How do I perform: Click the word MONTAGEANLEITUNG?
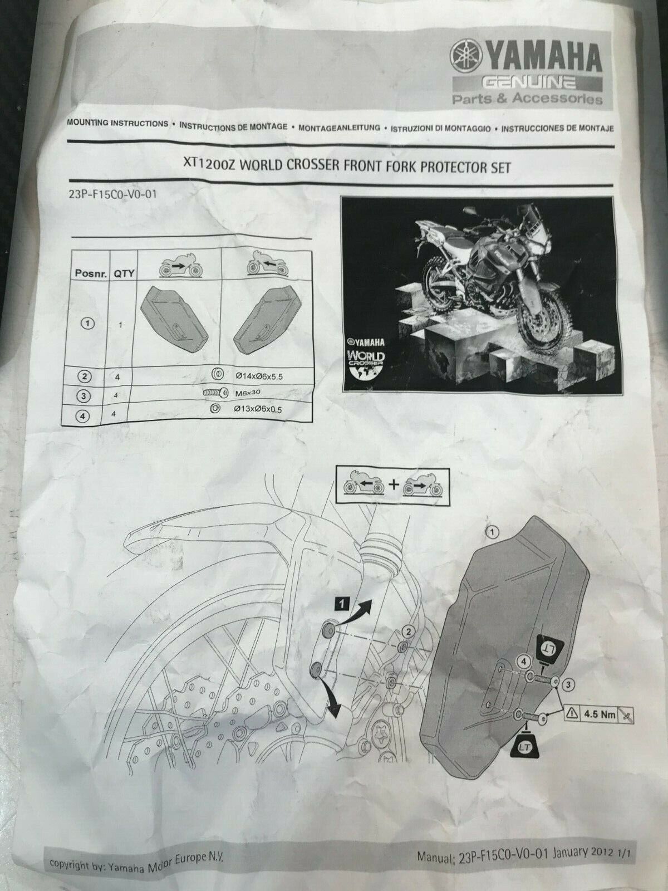point(339,128)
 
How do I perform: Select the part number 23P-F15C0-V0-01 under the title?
point(113,194)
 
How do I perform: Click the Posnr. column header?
point(91,273)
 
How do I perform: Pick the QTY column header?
point(124,273)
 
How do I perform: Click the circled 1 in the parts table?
point(88,324)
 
